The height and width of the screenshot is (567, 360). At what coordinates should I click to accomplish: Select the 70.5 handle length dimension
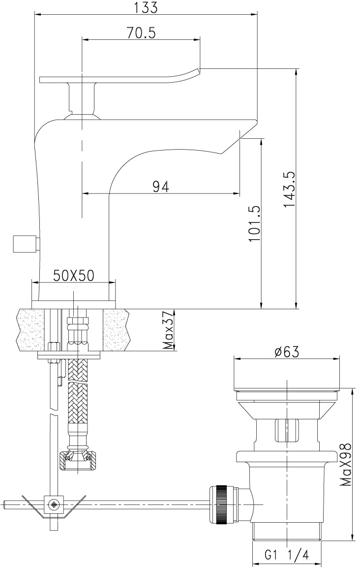pos(141,33)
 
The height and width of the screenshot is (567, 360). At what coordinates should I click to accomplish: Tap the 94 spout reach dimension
pos(160,187)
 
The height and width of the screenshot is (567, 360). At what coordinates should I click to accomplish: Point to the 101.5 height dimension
pos(254,224)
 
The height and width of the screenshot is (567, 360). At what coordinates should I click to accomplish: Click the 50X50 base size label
pos(74,276)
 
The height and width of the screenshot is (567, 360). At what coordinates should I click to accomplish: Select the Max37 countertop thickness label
pos(168,330)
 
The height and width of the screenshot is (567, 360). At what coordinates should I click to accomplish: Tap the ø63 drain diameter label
pos(287,351)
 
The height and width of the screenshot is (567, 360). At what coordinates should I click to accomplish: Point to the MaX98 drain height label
pos(346,465)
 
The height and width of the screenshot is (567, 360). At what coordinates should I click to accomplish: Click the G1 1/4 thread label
pos(287,554)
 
